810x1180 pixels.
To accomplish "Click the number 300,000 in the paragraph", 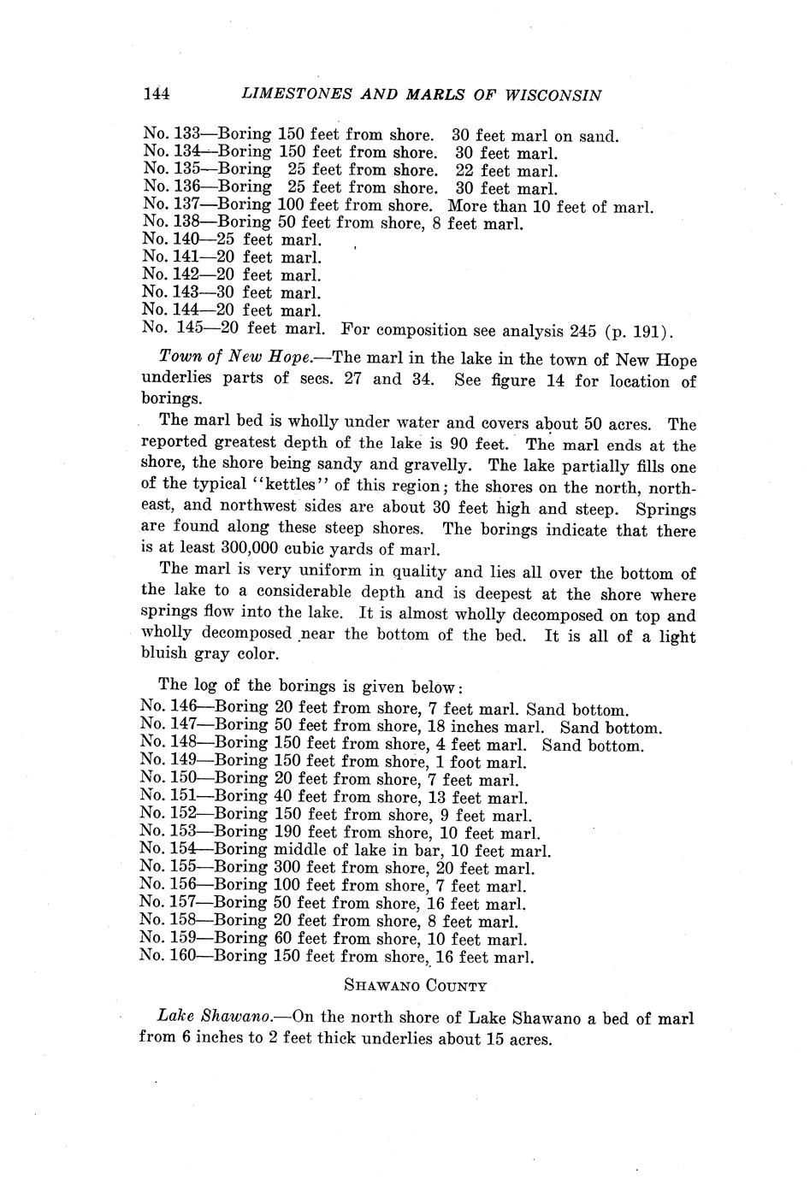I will point(257,549).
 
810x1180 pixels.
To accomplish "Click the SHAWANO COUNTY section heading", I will point(415,985).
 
